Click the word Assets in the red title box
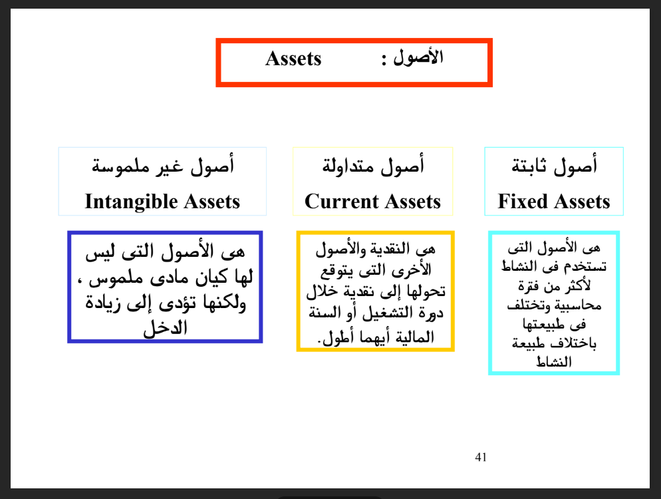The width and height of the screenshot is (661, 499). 293,59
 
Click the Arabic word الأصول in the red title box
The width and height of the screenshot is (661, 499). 418,57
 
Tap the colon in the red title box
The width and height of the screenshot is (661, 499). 384,60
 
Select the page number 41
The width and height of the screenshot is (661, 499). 481,457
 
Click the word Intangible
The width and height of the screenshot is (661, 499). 132,202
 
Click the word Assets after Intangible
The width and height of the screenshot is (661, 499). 212,202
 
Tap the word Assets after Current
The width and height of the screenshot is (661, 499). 413,201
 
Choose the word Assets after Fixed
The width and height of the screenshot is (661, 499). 582,201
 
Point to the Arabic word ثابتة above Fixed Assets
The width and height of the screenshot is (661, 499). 529,166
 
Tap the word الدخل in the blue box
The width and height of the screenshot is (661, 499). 165,328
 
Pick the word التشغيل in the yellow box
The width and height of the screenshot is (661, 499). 386,313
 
